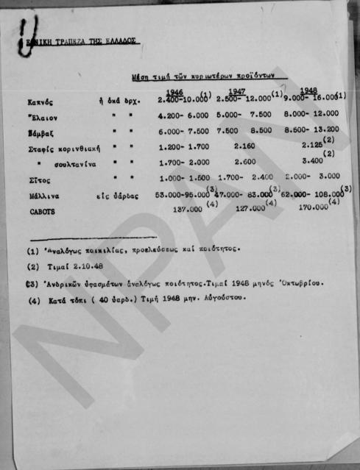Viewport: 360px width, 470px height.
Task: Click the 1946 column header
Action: tap(174, 92)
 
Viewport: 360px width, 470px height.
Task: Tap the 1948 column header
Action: tap(308, 91)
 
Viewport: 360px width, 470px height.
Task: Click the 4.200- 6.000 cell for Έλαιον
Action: tap(183, 115)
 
